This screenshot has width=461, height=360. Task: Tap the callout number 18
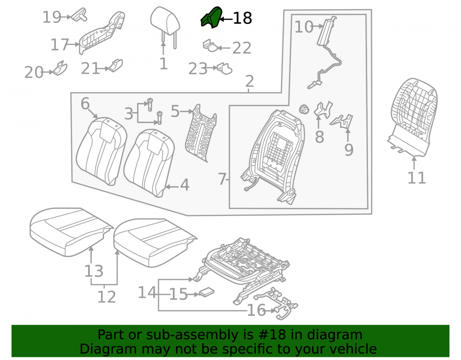click(x=242, y=18)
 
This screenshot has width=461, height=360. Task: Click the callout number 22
click(x=242, y=48)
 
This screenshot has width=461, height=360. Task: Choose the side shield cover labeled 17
click(x=102, y=33)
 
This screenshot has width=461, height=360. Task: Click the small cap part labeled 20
click(x=60, y=68)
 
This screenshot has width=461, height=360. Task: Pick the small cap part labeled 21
click(x=116, y=66)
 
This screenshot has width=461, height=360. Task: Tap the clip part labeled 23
click(x=225, y=69)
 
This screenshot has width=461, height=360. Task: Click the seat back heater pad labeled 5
click(x=201, y=133)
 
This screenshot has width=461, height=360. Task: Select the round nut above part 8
click(x=304, y=109)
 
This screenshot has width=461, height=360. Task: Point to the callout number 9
click(x=349, y=150)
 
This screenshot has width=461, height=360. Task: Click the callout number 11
click(x=417, y=178)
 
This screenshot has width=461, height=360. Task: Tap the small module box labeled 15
click(x=207, y=292)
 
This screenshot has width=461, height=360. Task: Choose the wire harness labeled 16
click(x=276, y=303)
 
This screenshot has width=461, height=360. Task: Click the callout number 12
click(x=106, y=297)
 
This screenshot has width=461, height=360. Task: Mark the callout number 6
click(x=85, y=104)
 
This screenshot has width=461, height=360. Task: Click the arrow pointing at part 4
click(x=171, y=187)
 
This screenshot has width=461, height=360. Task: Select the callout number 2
click(x=249, y=81)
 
